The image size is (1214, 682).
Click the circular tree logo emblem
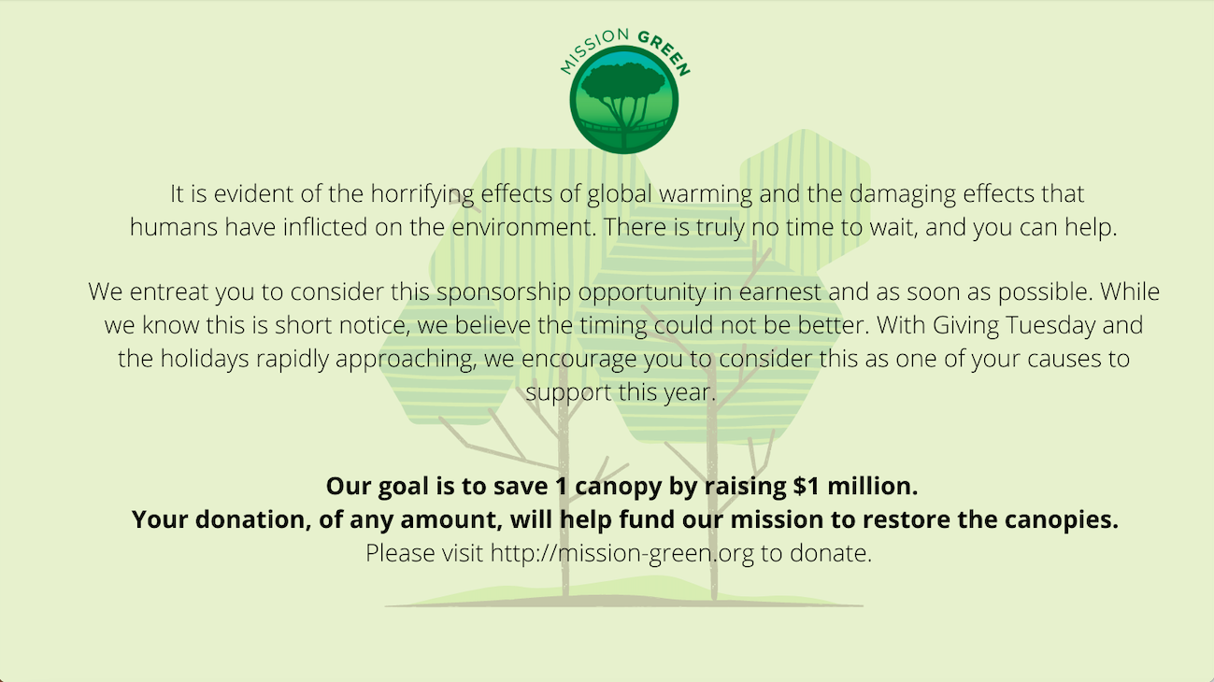tap(623, 100)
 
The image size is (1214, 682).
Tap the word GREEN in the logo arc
tap(665, 52)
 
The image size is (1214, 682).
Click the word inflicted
tap(325, 227)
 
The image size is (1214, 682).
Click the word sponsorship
tap(504, 293)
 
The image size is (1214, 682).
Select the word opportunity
tap(642, 293)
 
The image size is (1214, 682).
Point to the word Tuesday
tap(1050, 325)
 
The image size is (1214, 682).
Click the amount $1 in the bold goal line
tap(807, 486)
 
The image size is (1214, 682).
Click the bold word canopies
tap(1062, 520)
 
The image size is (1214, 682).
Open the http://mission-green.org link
tap(622, 554)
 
